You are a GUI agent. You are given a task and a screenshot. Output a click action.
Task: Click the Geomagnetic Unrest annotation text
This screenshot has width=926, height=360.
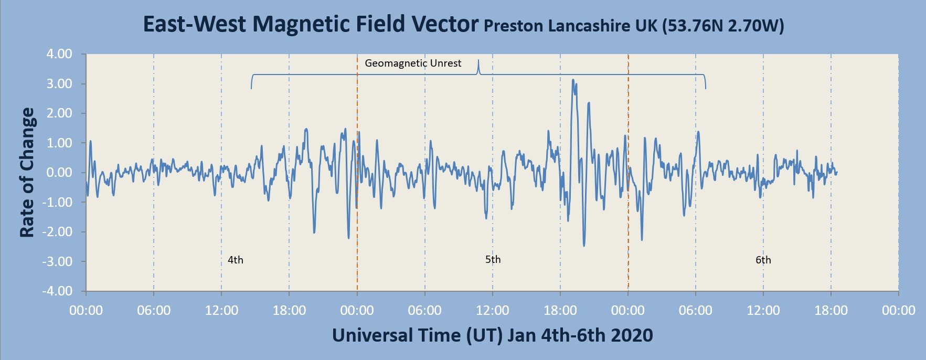click(413, 63)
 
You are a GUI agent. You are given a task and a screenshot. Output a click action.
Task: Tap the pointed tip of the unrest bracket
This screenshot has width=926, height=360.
click(478, 61)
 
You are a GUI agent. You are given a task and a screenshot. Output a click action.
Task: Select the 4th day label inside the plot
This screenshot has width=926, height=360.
click(236, 260)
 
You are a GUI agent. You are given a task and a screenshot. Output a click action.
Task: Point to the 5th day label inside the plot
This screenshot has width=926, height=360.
click(493, 259)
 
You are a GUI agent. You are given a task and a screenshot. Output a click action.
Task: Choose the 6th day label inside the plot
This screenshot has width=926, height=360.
click(763, 260)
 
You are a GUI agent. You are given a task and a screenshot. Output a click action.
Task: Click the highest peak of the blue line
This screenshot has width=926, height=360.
click(573, 80)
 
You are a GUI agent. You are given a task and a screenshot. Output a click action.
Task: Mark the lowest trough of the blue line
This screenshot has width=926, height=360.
click(584, 246)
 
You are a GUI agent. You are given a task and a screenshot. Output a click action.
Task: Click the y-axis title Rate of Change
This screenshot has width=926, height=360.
click(27, 173)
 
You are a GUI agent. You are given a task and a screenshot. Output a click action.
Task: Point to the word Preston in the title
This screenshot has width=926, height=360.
click(513, 26)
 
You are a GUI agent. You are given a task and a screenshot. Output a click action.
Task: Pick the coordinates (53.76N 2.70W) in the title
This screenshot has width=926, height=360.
click(722, 26)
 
